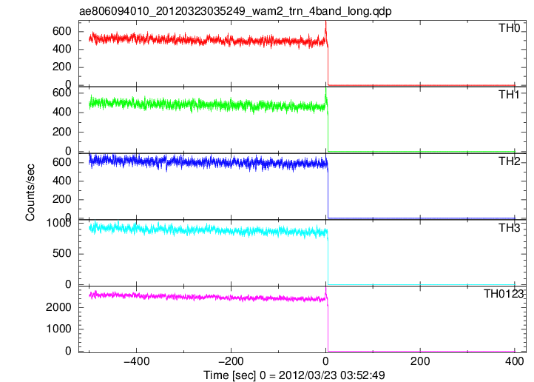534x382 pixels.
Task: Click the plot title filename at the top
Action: point(235,11)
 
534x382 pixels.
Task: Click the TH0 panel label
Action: point(510,28)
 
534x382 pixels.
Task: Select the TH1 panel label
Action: point(509,95)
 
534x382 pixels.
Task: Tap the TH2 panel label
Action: point(510,161)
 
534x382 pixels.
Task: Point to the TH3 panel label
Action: point(510,227)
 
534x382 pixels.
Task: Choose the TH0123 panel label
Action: point(504,293)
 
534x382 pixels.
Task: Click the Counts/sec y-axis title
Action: point(30,192)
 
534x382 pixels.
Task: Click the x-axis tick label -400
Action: point(137,361)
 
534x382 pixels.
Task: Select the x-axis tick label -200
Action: point(231,361)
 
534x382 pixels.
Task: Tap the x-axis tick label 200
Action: point(420,361)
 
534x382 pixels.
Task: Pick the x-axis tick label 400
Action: point(514,361)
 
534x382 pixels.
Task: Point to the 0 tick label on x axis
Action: point(326,361)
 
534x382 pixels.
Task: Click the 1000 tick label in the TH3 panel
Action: point(58,223)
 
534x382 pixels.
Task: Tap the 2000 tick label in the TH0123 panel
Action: point(58,307)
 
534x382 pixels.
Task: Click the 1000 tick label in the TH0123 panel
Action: point(58,329)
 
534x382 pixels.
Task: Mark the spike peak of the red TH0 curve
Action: point(326,21)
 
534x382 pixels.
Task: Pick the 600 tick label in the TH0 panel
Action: point(61,31)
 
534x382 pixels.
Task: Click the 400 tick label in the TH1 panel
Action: point(61,112)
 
